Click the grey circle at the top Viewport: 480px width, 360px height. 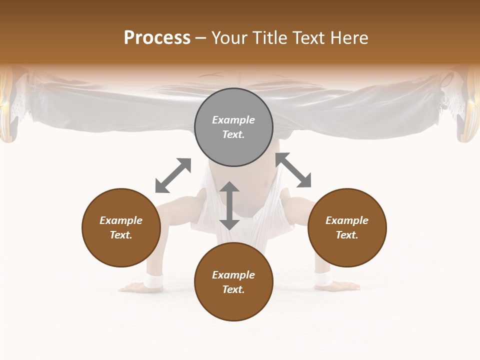coord(233,127)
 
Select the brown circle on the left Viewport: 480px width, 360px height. coord(121,227)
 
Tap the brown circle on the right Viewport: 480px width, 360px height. coord(347,227)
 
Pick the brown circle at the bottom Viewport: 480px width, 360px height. coord(233,282)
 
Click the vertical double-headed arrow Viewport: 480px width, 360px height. coord(229,205)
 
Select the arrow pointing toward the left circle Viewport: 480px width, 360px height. coord(173,175)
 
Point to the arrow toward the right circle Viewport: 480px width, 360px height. coord(293,170)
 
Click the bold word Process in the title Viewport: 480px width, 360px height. coord(157,37)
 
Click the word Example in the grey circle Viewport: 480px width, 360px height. coord(233,120)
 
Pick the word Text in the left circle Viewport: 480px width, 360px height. coord(120,235)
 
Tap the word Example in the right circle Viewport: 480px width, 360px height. coord(347,220)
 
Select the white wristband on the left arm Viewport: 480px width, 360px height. coord(153,281)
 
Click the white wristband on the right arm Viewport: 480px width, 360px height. coord(323,279)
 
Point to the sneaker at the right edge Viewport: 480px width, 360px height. coord(465,107)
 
